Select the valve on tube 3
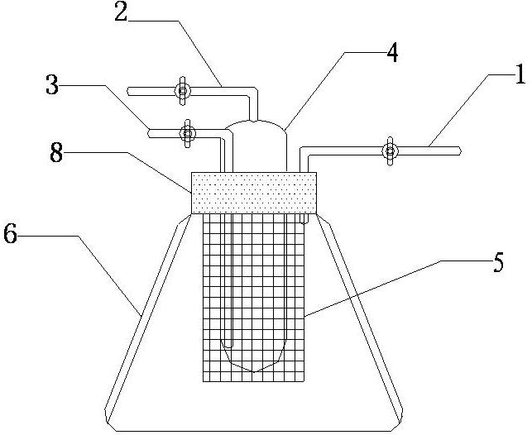[x=188, y=132]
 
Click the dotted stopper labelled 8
[x=253, y=192]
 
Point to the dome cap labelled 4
[x=257, y=131]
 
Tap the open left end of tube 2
[x=127, y=89]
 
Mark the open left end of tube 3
[x=149, y=131]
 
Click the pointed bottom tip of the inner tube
[x=258, y=371]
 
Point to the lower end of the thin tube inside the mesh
[x=230, y=344]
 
